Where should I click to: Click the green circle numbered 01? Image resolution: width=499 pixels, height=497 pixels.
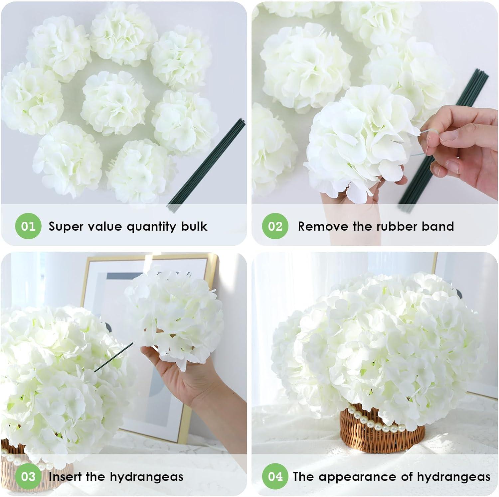coord(28,226)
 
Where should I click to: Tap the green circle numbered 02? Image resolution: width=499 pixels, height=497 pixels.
coord(275,226)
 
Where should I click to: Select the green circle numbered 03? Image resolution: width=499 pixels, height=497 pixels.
coord(28,476)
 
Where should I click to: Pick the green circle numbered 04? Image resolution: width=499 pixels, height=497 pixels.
coord(275,476)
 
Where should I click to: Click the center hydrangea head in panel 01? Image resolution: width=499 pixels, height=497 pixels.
coord(115,102)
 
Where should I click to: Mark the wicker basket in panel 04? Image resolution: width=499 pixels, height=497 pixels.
coord(383,429)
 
